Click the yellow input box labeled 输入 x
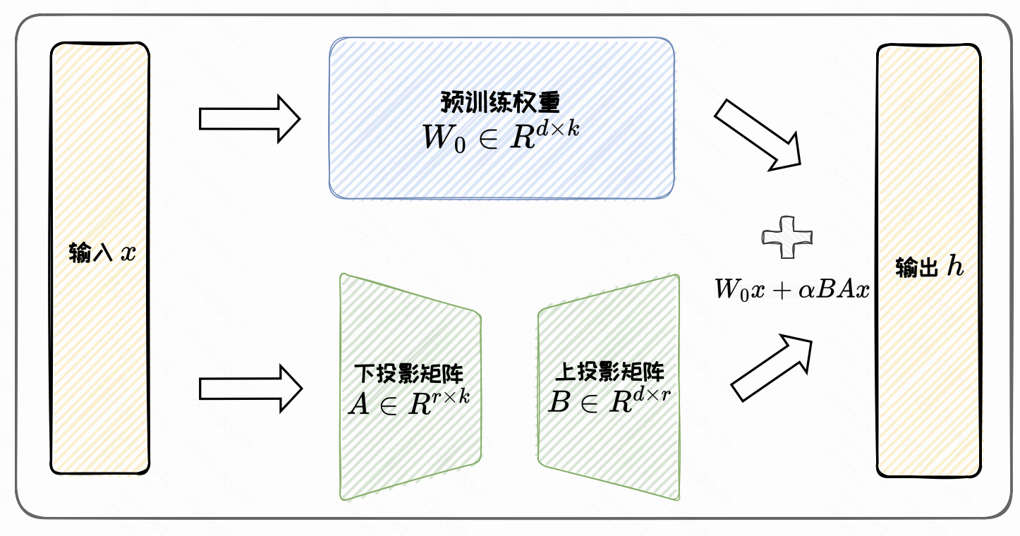99,176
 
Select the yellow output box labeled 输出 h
928,176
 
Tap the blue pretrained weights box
501,169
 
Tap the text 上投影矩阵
609,372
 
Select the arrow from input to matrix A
250,388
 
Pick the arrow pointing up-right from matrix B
772,367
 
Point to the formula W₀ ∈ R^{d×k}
500,135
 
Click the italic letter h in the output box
954,267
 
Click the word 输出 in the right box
916,268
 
